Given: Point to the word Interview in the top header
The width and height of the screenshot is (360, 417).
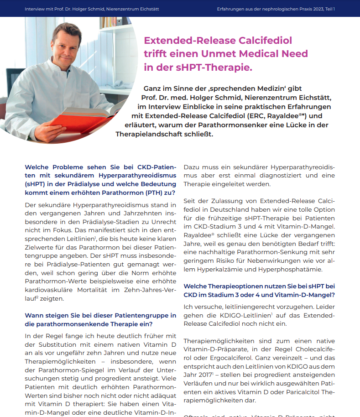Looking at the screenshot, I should pos(36,9).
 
